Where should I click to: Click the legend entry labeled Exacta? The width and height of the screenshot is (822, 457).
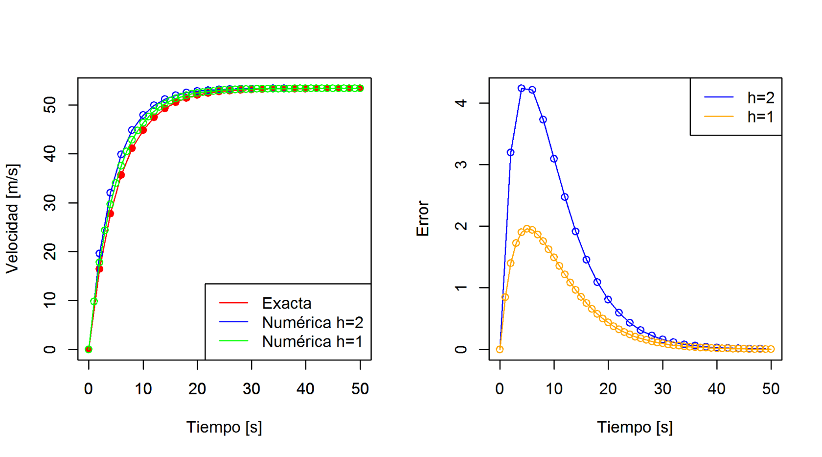[286, 303]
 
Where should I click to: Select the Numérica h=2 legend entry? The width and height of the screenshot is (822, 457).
[312, 322]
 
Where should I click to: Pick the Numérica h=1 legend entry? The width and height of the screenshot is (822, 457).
[312, 341]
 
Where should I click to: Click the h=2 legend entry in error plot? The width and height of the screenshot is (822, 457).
[760, 97]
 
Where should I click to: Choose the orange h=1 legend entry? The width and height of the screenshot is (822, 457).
[760, 117]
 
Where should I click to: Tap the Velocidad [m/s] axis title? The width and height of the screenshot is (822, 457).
[12, 218]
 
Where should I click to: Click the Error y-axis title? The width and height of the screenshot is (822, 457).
[422, 218]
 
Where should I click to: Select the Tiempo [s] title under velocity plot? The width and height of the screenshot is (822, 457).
[224, 427]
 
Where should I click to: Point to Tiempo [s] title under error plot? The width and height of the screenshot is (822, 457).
[635, 427]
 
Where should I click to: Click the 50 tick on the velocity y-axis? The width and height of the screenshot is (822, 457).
[50, 105]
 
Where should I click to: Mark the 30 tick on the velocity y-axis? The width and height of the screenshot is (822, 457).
[50, 203]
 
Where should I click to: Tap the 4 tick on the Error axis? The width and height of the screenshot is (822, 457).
[461, 103]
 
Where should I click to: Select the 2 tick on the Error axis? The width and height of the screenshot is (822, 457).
[461, 226]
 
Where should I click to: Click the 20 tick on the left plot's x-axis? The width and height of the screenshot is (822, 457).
[197, 389]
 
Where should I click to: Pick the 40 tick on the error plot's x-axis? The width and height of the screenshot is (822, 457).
[716, 389]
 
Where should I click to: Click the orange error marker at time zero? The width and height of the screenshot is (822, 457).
[500, 349]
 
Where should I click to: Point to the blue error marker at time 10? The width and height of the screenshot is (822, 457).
[554, 159]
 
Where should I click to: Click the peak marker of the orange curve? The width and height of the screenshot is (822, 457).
[527, 229]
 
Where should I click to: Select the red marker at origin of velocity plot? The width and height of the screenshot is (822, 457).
[89, 349]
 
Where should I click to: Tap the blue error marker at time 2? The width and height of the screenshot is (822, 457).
[510, 152]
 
